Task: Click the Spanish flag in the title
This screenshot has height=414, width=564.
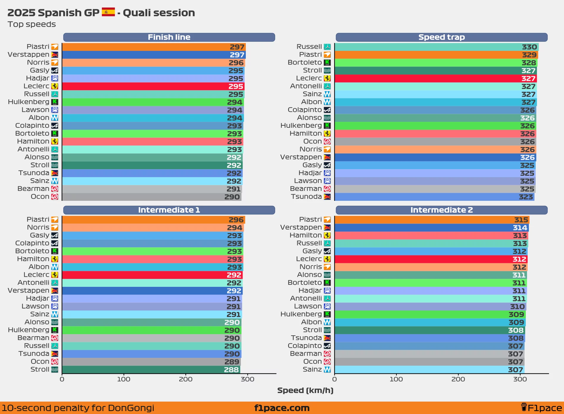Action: coord(108,12)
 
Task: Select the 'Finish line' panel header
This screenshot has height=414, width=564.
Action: coord(169,37)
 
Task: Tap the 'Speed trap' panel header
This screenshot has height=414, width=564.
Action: coord(441,37)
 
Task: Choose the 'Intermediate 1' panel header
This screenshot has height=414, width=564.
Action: coord(169,210)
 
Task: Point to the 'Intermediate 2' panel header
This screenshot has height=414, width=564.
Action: coord(441,210)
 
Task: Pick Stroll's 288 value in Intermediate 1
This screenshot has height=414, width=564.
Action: coord(231,370)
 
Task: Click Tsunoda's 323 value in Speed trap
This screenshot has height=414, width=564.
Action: coord(526,197)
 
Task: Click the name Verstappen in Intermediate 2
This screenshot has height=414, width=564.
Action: coord(301,227)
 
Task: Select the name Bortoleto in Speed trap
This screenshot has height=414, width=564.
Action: coord(305,62)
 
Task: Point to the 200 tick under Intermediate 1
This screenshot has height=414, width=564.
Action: coord(186,379)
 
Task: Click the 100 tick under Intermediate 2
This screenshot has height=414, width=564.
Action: coord(396,379)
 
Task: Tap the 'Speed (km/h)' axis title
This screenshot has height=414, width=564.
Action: coord(305,390)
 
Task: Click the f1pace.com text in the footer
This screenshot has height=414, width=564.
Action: coord(282,408)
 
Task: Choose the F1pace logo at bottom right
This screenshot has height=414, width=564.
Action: coord(541,408)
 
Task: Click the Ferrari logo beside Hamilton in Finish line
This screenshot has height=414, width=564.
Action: coord(55,141)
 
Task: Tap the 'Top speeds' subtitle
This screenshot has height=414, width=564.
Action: coord(32,24)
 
